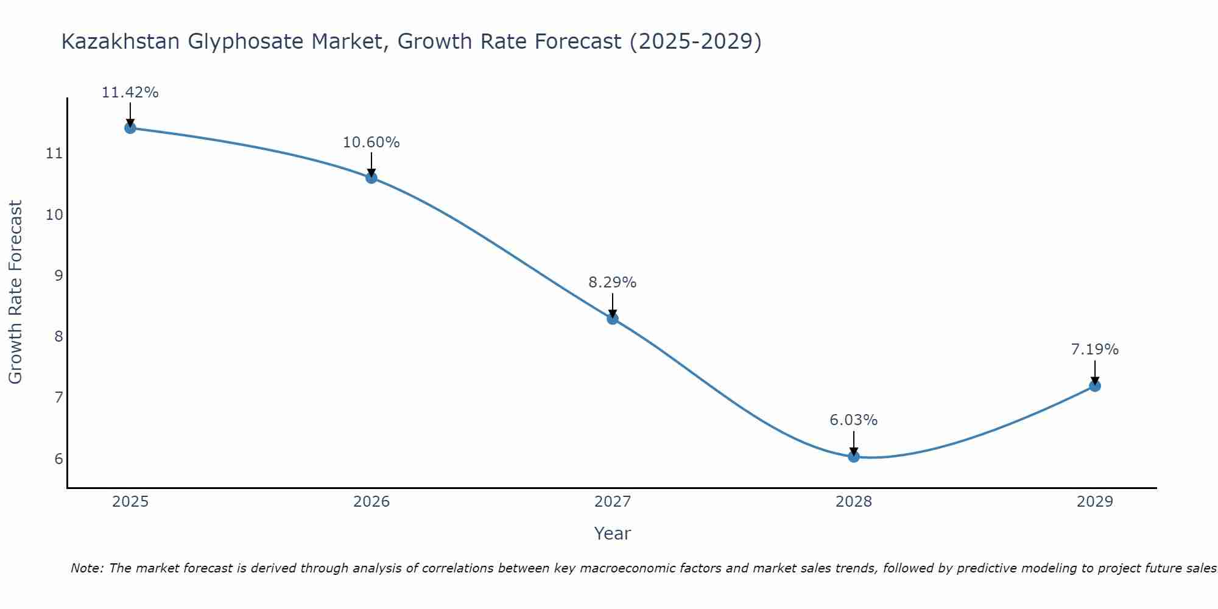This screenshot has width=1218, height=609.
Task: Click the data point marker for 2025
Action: coord(130,128)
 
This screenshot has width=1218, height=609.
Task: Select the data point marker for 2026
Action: coord(371,178)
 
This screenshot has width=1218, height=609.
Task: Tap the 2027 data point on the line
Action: coord(613,319)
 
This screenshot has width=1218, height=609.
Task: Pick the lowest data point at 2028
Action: coord(854,456)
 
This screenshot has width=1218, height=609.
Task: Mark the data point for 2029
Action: coord(1095,385)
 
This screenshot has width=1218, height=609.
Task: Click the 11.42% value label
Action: coord(130,93)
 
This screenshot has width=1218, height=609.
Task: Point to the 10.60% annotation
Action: coord(371,143)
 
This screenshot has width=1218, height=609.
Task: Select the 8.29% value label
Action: coord(613,283)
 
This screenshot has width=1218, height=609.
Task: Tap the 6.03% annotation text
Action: coord(854,420)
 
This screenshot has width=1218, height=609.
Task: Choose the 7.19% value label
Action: coord(1095,350)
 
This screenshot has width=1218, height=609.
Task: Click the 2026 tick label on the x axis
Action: coord(371,502)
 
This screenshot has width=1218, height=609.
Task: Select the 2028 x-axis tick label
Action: coord(854,502)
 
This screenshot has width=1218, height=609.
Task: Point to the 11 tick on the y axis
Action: coord(54,153)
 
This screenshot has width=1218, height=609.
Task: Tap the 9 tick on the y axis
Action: coord(58,275)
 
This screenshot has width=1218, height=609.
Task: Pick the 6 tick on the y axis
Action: coord(58,459)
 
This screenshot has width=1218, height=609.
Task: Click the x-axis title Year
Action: coord(613,533)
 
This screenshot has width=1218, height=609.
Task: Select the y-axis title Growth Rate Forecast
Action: coord(16,292)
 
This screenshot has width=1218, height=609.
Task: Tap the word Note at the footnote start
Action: coord(87,569)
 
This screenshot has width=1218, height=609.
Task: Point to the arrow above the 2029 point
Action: coord(1095,371)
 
